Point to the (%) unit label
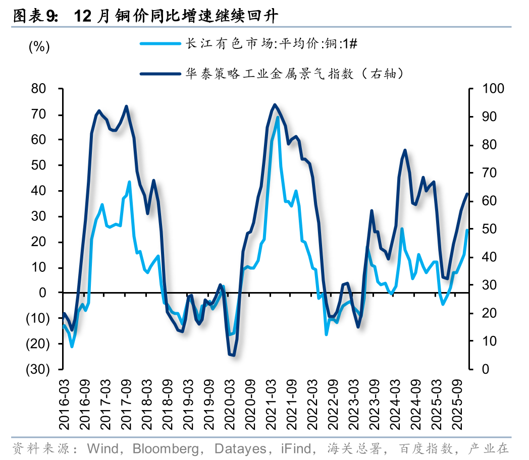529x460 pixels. [x=39, y=47]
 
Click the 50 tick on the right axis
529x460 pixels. [x=488, y=229]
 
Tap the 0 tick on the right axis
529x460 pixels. [x=485, y=369]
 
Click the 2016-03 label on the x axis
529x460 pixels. [x=64, y=401]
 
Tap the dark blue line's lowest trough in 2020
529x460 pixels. [x=233, y=355]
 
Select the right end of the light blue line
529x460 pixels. [x=467, y=231]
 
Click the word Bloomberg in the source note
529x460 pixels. [x=167, y=448]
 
